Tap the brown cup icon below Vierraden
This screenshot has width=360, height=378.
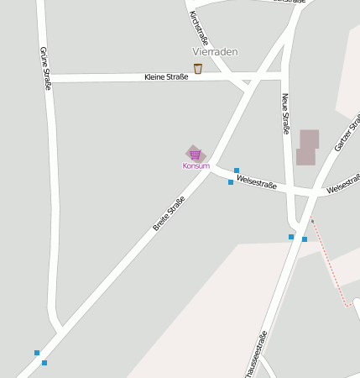(197, 68)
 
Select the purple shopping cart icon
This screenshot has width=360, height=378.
(195, 154)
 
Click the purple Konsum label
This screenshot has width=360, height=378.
(196, 165)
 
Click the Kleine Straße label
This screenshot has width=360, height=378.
(165, 77)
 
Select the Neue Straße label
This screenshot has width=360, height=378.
(286, 113)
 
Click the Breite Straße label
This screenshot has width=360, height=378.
(169, 214)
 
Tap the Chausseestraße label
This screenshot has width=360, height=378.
(256, 354)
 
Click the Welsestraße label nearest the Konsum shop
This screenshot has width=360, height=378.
(257, 181)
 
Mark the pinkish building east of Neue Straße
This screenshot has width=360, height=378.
(307, 147)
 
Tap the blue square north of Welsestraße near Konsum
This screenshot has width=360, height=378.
(237, 171)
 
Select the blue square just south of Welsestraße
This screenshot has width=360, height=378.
(231, 182)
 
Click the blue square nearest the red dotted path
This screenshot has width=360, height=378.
(305, 239)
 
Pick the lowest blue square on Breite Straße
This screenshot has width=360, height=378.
(44, 363)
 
